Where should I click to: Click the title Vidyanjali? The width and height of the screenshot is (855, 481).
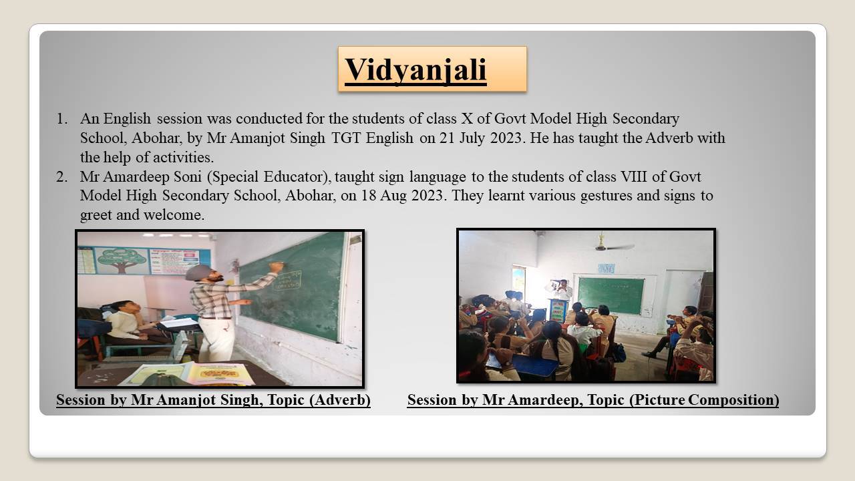coord(415,70)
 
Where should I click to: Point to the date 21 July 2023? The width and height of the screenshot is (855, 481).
coord(480,138)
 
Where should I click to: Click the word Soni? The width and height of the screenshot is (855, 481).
coord(188,177)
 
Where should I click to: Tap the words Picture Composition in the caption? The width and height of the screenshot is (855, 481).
coord(704,399)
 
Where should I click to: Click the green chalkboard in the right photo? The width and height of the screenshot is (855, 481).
coord(611,296)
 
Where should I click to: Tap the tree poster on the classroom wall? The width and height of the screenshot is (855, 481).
coord(122,261)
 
